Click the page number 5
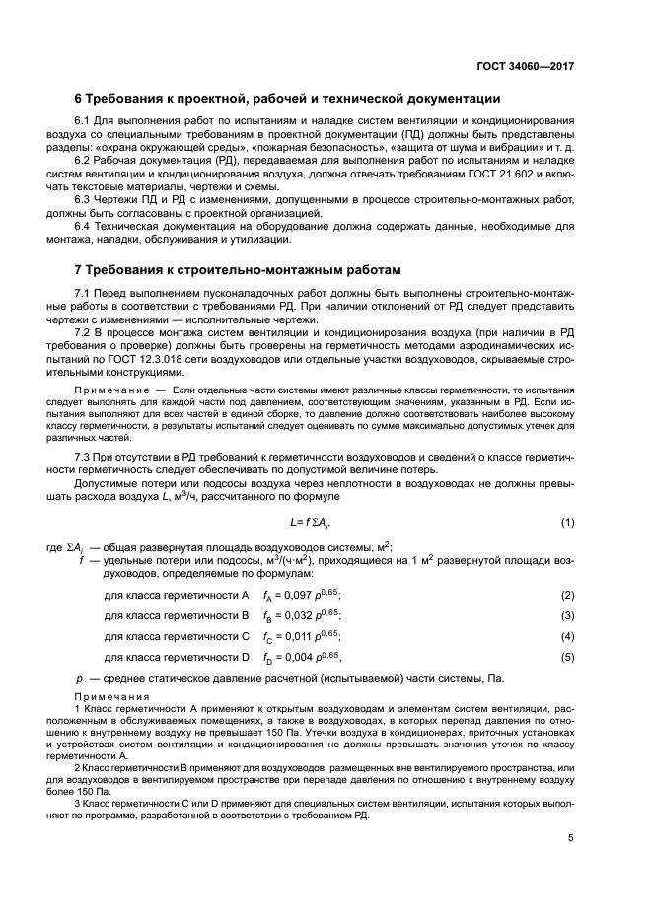(x=570, y=839)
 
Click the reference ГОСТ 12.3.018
(x=156, y=360)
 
